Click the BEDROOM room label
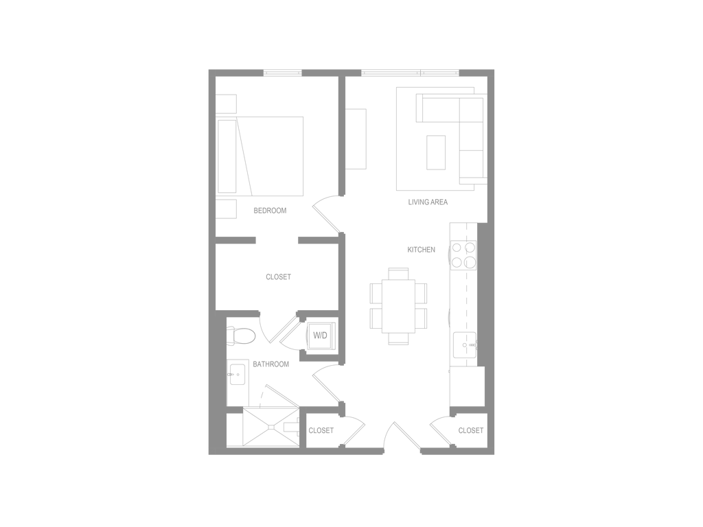pyautogui.click(x=270, y=211)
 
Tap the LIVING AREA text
pyautogui.click(x=428, y=202)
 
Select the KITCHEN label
pyautogui.click(x=421, y=250)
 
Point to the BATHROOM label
pyautogui.click(x=270, y=364)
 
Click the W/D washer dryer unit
pyautogui.click(x=320, y=335)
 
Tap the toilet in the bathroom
pyautogui.click(x=241, y=336)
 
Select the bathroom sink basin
pyautogui.click(x=237, y=374)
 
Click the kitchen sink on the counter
pyautogui.click(x=465, y=345)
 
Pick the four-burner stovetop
pyautogui.click(x=463, y=255)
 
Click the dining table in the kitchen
pyautogui.click(x=399, y=306)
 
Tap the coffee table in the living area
pyautogui.click(x=436, y=152)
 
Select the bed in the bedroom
pyautogui.click(x=260, y=156)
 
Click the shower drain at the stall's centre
pyautogui.click(x=270, y=427)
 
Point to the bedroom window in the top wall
pyautogui.click(x=282, y=73)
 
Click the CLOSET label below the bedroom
pyautogui.click(x=279, y=277)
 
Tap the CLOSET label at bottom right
pyautogui.click(x=471, y=431)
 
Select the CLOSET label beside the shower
pyautogui.click(x=321, y=431)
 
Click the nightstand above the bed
pyautogui.click(x=227, y=104)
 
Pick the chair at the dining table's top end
pyautogui.click(x=399, y=273)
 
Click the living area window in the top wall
pyautogui.click(x=411, y=73)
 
